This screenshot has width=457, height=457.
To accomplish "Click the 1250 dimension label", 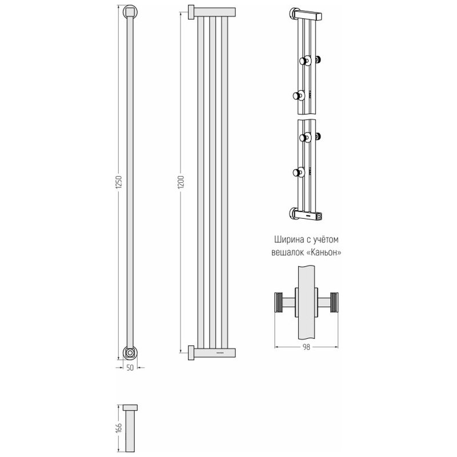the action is [119, 183].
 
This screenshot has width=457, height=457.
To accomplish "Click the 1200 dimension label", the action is [181, 182].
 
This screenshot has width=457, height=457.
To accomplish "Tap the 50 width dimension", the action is [130, 368].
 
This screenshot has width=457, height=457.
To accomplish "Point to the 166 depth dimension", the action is [119, 428].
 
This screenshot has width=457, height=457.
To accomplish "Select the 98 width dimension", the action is [306, 347].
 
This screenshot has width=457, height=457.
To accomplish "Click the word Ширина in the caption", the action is [289, 239].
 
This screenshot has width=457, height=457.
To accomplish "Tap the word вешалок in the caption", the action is [288, 252].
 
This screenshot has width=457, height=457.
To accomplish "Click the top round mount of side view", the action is [130, 12].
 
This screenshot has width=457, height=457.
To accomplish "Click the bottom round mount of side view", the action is [130, 353].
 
